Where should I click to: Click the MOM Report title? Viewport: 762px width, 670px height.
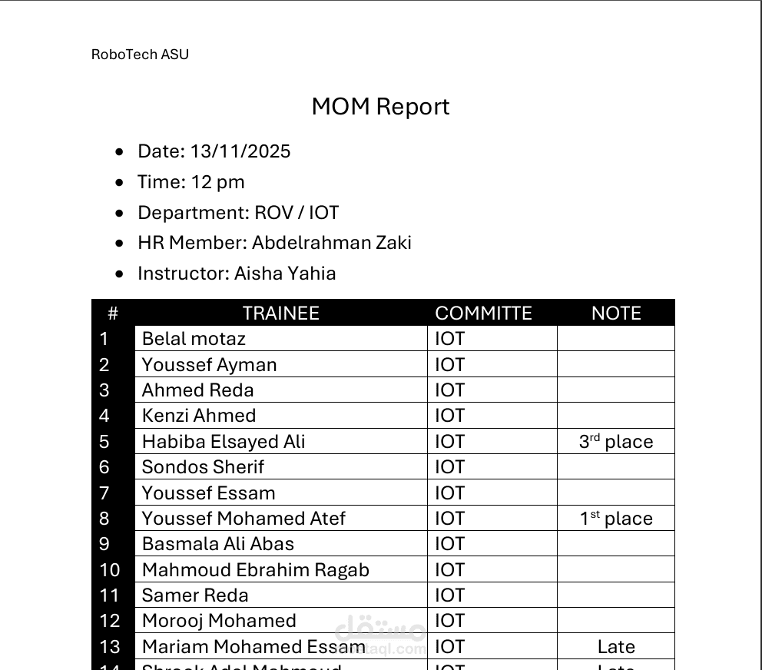click(380, 107)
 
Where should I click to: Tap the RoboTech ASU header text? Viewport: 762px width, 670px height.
click(140, 55)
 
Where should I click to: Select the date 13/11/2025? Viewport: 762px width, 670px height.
click(240, 151)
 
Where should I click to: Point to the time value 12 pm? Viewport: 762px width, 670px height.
click(217, 182)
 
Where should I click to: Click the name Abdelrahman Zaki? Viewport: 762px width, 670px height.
click(332, 243)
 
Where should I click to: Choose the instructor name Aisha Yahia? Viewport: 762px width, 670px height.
click(285, 274)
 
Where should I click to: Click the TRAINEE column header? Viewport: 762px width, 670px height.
click(280, 313)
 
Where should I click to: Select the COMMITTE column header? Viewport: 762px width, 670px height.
click(483, 313)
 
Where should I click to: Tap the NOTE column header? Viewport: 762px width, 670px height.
click(616, 313)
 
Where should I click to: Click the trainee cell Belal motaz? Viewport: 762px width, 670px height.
click(194, 339)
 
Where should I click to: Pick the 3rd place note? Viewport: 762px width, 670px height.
click(616, 442)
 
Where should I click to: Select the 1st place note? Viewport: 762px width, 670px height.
click(616, 519)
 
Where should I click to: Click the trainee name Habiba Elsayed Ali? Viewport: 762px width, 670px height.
click(224, 442)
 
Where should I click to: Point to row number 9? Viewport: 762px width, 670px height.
click(104, 544)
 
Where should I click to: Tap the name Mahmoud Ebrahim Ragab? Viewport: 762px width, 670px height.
click(256, 570)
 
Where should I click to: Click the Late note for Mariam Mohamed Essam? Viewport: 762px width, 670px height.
click(616, 647)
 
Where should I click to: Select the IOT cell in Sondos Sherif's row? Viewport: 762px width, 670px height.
click(450, 467)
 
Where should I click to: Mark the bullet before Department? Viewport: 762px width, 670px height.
click(119, 213)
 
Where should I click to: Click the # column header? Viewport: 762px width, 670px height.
click(113, 313)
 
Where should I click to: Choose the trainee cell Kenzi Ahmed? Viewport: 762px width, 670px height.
click(199, 416)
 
